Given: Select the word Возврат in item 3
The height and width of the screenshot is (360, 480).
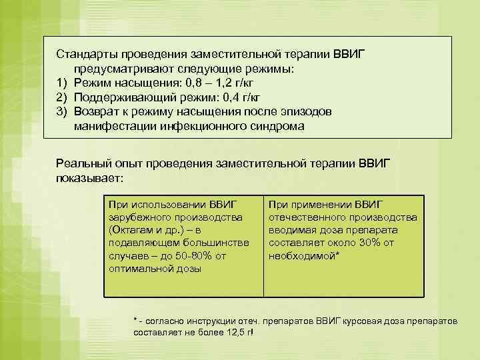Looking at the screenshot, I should coord(96,111).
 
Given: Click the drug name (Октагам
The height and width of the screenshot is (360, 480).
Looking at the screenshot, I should coord(135,230).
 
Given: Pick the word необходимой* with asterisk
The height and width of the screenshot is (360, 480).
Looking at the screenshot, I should coord(303,255).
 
